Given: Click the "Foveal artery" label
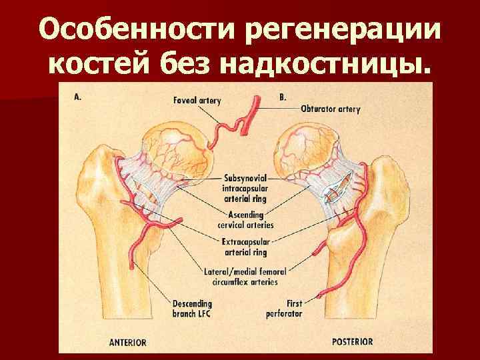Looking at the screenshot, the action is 197,101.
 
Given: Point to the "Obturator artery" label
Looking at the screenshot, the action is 330,109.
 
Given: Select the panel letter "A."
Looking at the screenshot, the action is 78,96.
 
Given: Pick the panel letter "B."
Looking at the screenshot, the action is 283,97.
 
